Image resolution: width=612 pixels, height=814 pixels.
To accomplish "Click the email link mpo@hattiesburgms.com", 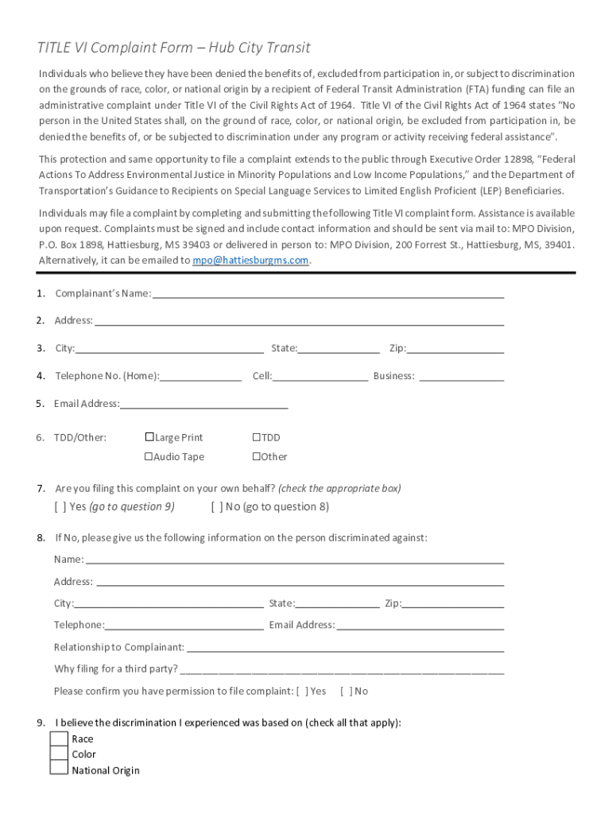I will (x=251, y=261).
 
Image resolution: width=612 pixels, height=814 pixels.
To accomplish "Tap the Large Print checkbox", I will (x=149, y=437).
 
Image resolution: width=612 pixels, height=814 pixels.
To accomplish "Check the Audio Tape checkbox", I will (x=148, y=456).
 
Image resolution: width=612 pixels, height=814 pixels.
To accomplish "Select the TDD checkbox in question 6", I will (x=257, y=437).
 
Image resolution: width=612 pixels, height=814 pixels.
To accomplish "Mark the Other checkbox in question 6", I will (x=257, y=456).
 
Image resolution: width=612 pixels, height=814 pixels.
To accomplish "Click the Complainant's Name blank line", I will (x=327, y=295).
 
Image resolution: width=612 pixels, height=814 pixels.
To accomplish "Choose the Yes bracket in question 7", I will (x=60, y=507).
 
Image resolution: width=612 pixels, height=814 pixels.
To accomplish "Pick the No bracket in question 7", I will (x=217, y=507).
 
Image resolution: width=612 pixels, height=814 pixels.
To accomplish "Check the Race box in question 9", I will (x=60, y=739).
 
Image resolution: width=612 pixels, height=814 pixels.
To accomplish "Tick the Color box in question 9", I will (x=60, y=754).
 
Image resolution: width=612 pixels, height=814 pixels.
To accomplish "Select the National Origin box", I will (x=60, y=769).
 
